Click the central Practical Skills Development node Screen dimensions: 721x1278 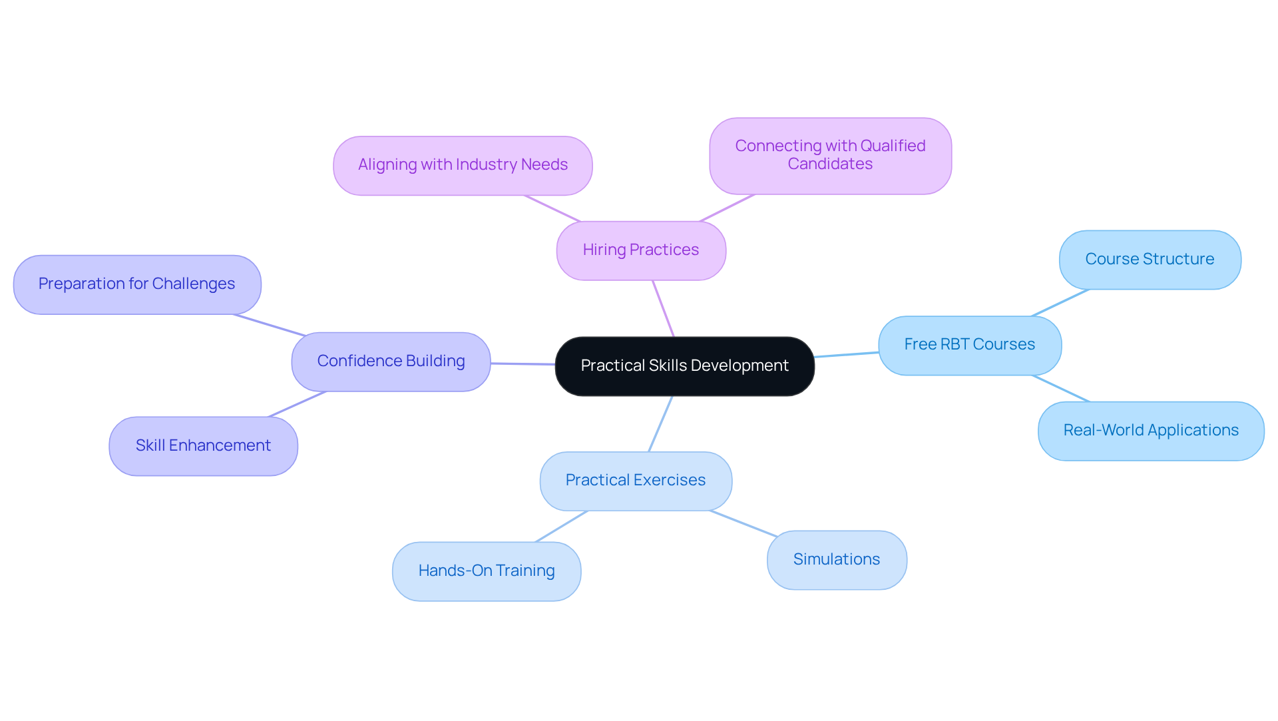click(684, 366)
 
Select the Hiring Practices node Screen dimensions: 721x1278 click(641, 250)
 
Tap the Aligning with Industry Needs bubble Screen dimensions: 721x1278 click(463, 165)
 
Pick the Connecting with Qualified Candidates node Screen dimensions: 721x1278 click(830, 156)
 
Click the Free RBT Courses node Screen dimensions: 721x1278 click(970, 345)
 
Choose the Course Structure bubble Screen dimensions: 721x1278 click(1150, 260)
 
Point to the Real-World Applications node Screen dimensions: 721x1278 click(1151, 431)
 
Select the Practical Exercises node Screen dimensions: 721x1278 click(636, 481)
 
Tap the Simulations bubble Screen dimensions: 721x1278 click(837, 560)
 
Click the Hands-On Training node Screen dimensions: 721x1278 click(487, 571)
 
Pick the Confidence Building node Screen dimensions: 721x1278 click(391, 361)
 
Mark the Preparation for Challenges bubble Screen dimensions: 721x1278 click(137, 284)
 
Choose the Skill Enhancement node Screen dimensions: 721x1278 click(203, 446)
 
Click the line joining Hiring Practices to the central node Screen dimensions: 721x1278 click(663, 308)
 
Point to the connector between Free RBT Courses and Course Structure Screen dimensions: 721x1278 click(1060, 303)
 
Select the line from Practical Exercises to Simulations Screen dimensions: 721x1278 click(744, 523)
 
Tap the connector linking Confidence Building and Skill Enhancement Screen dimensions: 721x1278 click(298, 404)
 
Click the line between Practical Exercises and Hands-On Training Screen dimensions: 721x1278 click(561, 527)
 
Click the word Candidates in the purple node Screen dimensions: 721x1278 click(830, 164)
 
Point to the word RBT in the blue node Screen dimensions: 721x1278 click(955, 345)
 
